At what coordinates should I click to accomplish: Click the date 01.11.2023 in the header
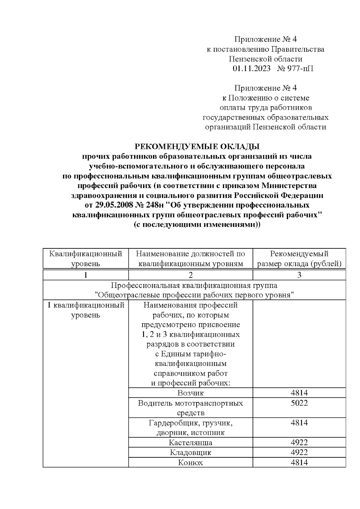[x=251, y=68]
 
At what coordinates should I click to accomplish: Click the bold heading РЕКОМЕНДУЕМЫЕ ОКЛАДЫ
[x=197, y=147]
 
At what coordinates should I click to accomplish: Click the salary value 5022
[x=299, y=403]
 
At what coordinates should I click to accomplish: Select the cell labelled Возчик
[x=190, y=393]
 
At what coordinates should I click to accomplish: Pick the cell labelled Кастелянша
[x=190, y=442]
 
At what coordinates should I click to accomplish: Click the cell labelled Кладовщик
[x=190, y=452]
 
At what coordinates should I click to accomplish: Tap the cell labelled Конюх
[x=190, y=462]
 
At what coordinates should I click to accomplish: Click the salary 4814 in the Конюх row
[x=299, y=462]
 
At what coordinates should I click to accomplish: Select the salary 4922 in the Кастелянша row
[x=299, y=442]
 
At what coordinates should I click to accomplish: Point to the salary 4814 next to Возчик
[x=299, y=393]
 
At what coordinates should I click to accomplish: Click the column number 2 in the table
[x=190, y=275]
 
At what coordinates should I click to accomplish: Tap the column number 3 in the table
[x=299, y=275]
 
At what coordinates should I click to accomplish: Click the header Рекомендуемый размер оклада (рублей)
[x=299, y=259]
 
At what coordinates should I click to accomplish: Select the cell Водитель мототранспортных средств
[x=190, y=408]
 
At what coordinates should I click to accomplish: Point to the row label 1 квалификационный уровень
[x=86, y=310]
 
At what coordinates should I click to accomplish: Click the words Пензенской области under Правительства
[x=265, y=59]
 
